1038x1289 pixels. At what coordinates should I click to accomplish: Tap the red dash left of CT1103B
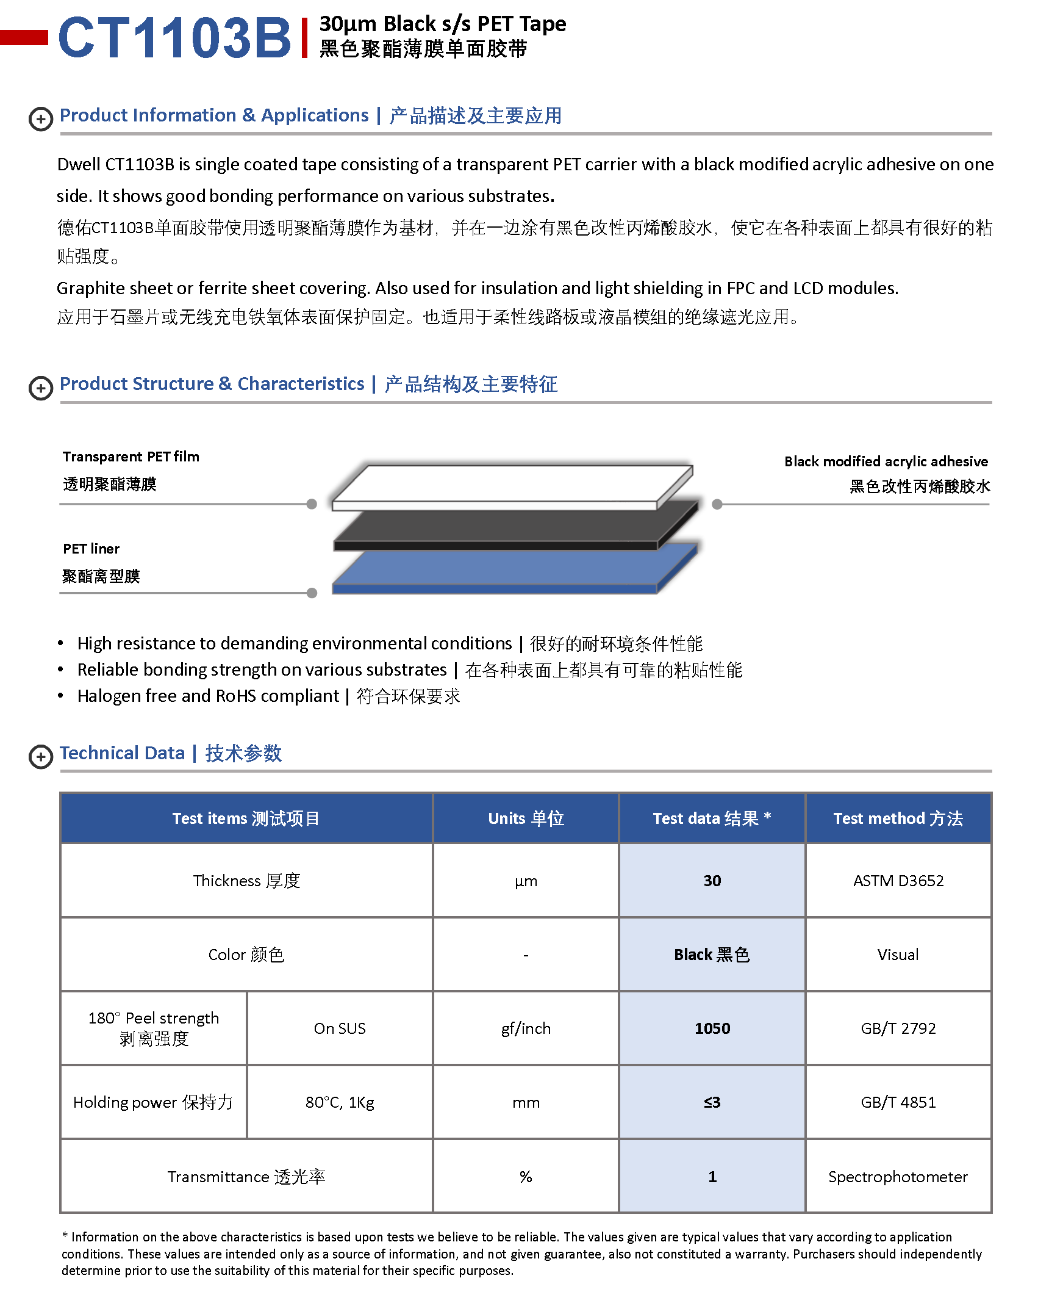pos(24,37)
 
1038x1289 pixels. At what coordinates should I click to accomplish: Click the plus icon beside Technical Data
pos(41,757)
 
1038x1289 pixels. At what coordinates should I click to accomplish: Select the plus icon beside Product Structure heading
pos(41,388)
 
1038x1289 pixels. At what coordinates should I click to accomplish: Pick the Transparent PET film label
pos(131,457)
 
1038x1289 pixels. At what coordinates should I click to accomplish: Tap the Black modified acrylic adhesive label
pos(886,461)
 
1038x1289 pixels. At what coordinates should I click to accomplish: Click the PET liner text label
pos(91,549)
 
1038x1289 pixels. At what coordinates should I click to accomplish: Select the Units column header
pos(526,818)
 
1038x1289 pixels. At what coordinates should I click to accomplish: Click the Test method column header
pos(898,818)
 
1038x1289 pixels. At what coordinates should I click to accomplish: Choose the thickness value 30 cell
pos(712,881)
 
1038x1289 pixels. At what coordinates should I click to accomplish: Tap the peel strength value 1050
pos(712,1028)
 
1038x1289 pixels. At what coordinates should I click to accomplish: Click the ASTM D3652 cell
pos(898,881)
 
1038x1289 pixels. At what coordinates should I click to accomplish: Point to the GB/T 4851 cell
pos(898,1102)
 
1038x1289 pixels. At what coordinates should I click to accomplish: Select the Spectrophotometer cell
pos(898,1177)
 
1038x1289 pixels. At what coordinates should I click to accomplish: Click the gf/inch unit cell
pos(526,1028)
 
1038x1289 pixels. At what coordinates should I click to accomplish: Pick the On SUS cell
pos(340,1028)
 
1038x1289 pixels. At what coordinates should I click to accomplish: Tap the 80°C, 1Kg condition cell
pos(340,1102)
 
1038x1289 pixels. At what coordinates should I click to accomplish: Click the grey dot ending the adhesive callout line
pos(717,504)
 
